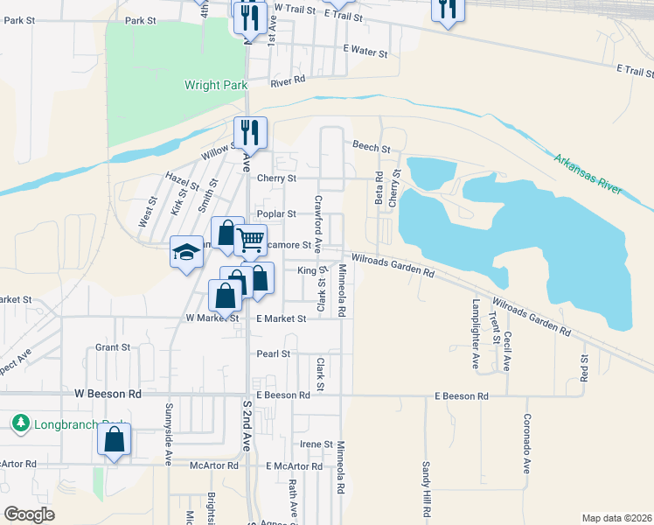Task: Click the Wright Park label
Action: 216,86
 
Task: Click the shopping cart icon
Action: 251,239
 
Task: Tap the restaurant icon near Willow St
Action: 250,132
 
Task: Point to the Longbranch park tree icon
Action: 20,423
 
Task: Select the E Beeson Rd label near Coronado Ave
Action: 462,396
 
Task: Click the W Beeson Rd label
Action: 108,395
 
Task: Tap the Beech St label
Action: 371,145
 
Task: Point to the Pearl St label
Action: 273,353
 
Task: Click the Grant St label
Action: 113,347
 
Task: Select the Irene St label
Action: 317,444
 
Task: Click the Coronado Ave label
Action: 527,444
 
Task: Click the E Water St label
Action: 365,52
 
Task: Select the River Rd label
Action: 288,81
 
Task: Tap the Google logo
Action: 29,514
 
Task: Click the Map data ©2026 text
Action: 616,518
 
